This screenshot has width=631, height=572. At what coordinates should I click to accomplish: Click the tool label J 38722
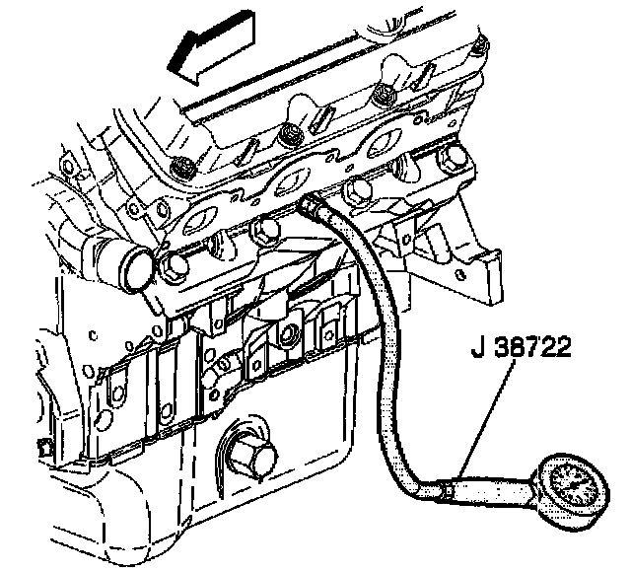pyautogui.click(x=519, y=351)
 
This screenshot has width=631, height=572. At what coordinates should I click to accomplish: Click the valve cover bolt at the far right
pyautogui.click(x=480, y=44)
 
